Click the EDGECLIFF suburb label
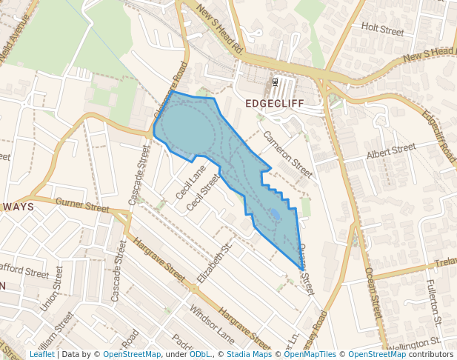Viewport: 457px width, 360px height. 275,104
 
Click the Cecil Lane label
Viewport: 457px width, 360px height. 191,182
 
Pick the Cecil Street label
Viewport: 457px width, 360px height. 204,191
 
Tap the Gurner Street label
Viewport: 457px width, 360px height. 81,204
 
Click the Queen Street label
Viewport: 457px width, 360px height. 307,264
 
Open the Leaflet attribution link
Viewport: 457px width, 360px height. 41,354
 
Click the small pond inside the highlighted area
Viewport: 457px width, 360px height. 275,215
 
